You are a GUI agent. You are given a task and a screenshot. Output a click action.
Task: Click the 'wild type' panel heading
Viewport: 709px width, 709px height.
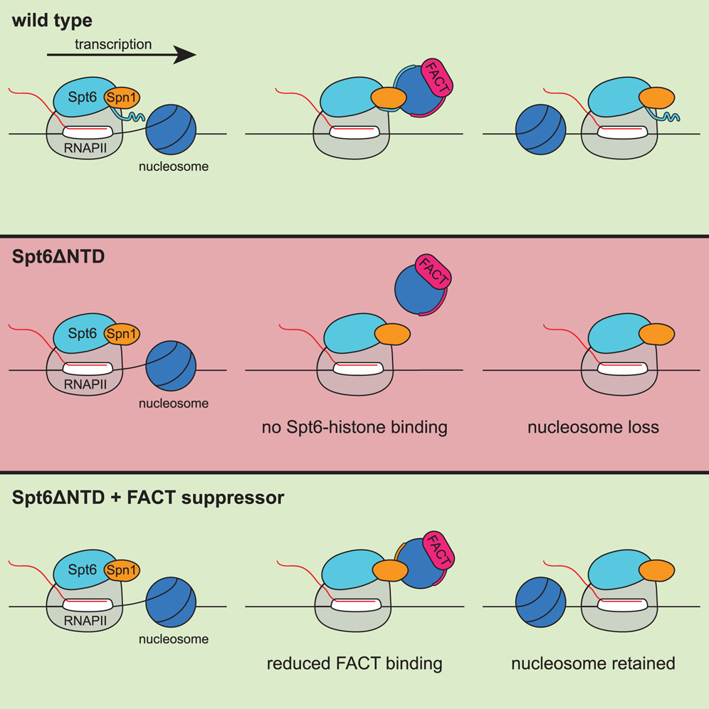(52, 20)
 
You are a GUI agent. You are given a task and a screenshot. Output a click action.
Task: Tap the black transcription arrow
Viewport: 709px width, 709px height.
(121, 56)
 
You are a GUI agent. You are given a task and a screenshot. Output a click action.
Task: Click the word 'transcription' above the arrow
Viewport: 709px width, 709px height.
(113, 44)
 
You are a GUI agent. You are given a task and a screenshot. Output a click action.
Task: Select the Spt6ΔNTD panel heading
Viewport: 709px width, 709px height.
(58, 257)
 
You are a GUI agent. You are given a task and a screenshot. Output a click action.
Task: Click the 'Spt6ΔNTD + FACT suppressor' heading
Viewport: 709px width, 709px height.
(148, 498)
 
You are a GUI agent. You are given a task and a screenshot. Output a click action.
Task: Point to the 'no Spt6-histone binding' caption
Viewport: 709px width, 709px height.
(354, 427)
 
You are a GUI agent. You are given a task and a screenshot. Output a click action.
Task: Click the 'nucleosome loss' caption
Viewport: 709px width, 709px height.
(593, 427)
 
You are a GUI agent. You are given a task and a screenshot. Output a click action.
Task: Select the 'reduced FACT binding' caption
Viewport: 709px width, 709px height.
(354, 663)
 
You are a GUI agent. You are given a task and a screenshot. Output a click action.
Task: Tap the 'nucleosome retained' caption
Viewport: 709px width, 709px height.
(593, 663)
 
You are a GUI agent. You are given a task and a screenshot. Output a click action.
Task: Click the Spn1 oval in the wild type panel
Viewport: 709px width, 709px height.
(122, 98)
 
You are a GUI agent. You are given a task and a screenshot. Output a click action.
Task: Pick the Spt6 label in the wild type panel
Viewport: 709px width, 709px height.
(83, 96)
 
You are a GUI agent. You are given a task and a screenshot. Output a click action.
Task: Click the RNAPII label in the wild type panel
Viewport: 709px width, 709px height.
(83, 149)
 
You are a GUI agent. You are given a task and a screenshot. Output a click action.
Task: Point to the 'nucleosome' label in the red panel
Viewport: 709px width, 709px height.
(174, 404)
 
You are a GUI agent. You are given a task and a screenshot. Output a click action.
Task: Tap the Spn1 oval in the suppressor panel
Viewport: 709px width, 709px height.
(122, 569)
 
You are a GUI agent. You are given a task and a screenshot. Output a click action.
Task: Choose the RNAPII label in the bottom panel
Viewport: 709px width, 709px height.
(83, 621)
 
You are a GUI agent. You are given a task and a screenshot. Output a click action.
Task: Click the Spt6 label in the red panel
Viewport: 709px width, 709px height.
(83, 332)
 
